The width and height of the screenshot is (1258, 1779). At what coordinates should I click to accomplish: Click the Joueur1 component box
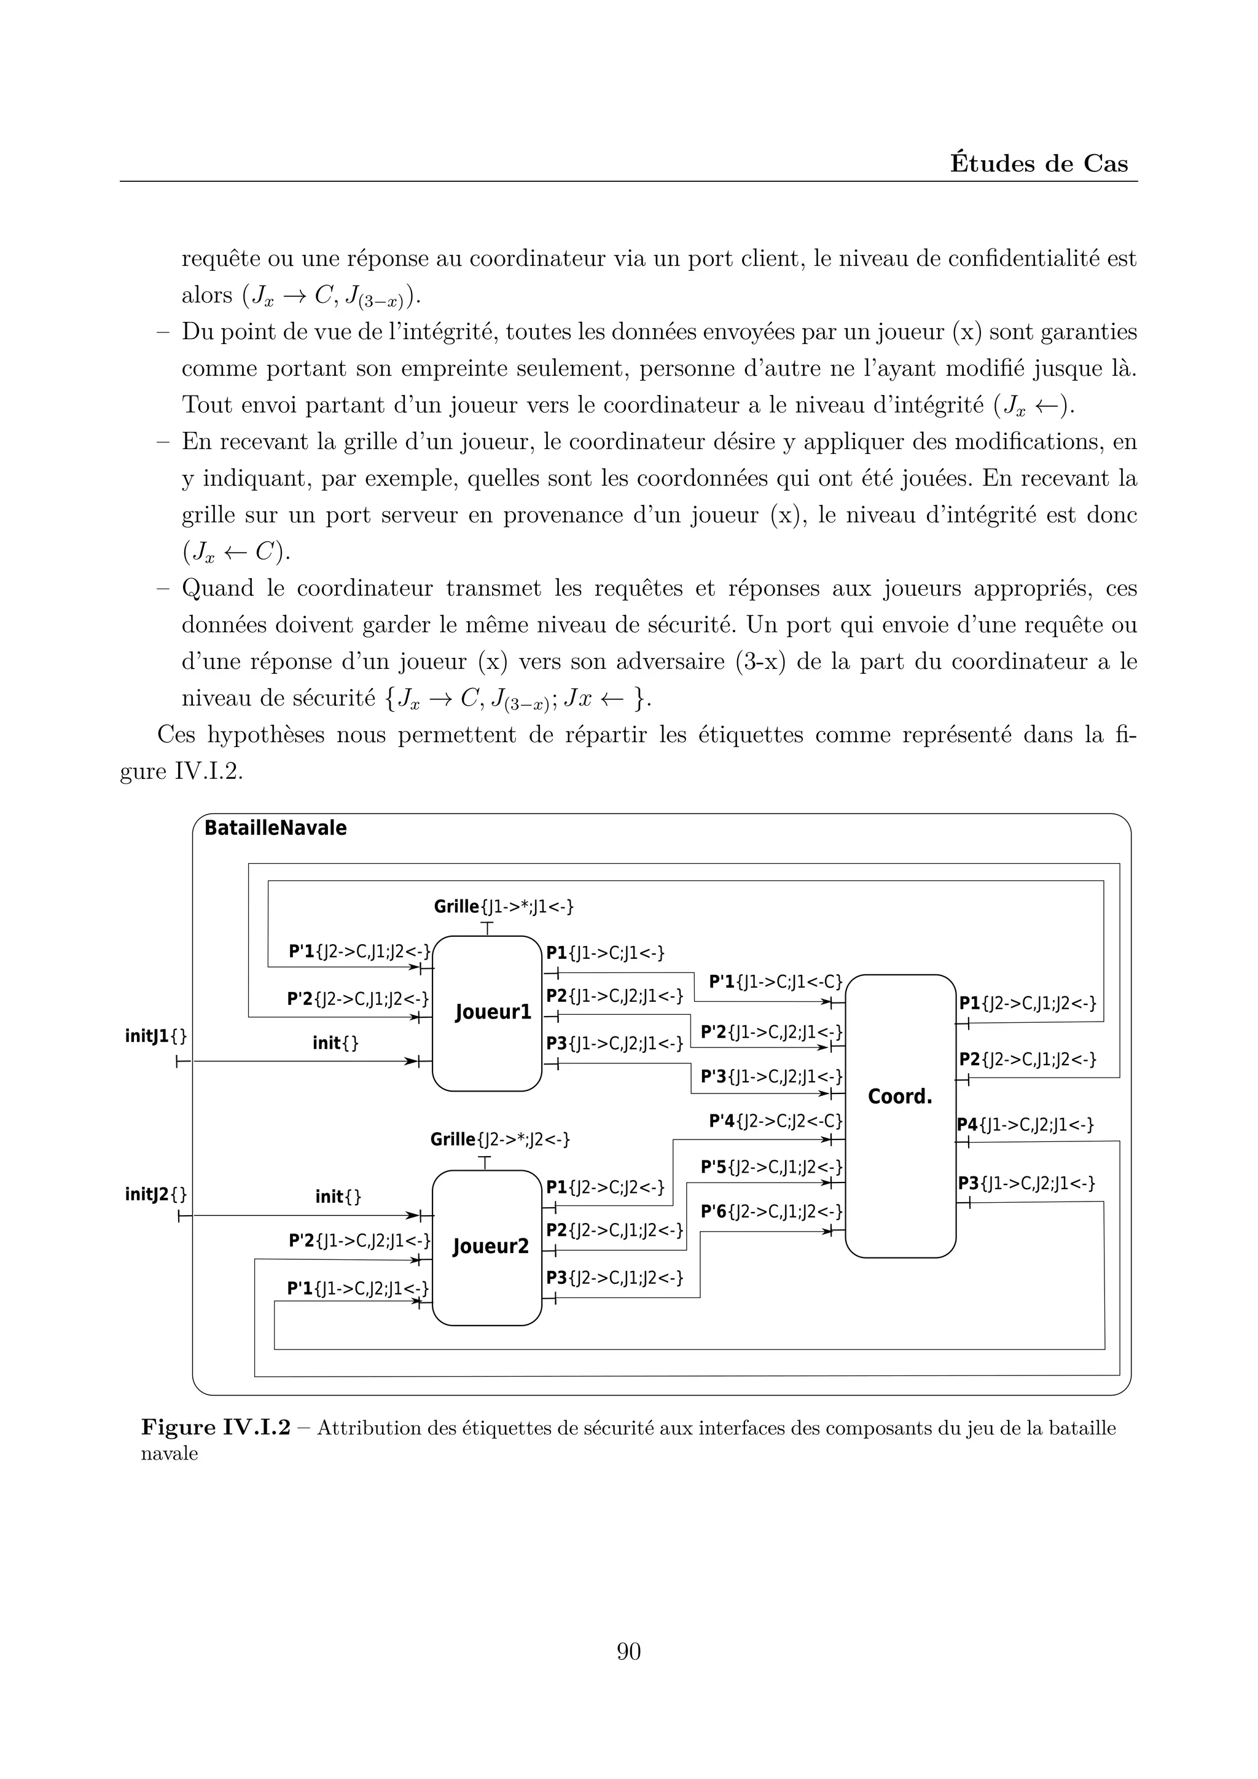click(486, 1014)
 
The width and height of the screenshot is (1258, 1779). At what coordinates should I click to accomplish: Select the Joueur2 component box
click(486, 1248)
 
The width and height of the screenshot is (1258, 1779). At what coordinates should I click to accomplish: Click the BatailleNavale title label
click(275, 828)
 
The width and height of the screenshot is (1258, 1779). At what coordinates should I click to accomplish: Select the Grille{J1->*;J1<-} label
click(504, 907)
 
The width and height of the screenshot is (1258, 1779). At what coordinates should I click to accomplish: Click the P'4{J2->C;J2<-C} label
click(775, 1121)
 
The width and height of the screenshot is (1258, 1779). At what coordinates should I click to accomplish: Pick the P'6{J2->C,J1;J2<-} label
click(772, 1211)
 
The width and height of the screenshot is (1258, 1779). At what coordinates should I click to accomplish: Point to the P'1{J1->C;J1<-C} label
click(775, 982)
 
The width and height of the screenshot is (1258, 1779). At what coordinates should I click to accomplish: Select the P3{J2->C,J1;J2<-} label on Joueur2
click(614, 1278)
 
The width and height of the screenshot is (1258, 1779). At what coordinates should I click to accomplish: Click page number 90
click(628, 1651)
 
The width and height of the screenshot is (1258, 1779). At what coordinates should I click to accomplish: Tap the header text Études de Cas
click(1039, 163)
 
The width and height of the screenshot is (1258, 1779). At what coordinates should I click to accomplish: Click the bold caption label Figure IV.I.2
click(216, 1428)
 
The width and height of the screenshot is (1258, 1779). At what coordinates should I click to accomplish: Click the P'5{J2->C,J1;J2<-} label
click(772, 1167)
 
